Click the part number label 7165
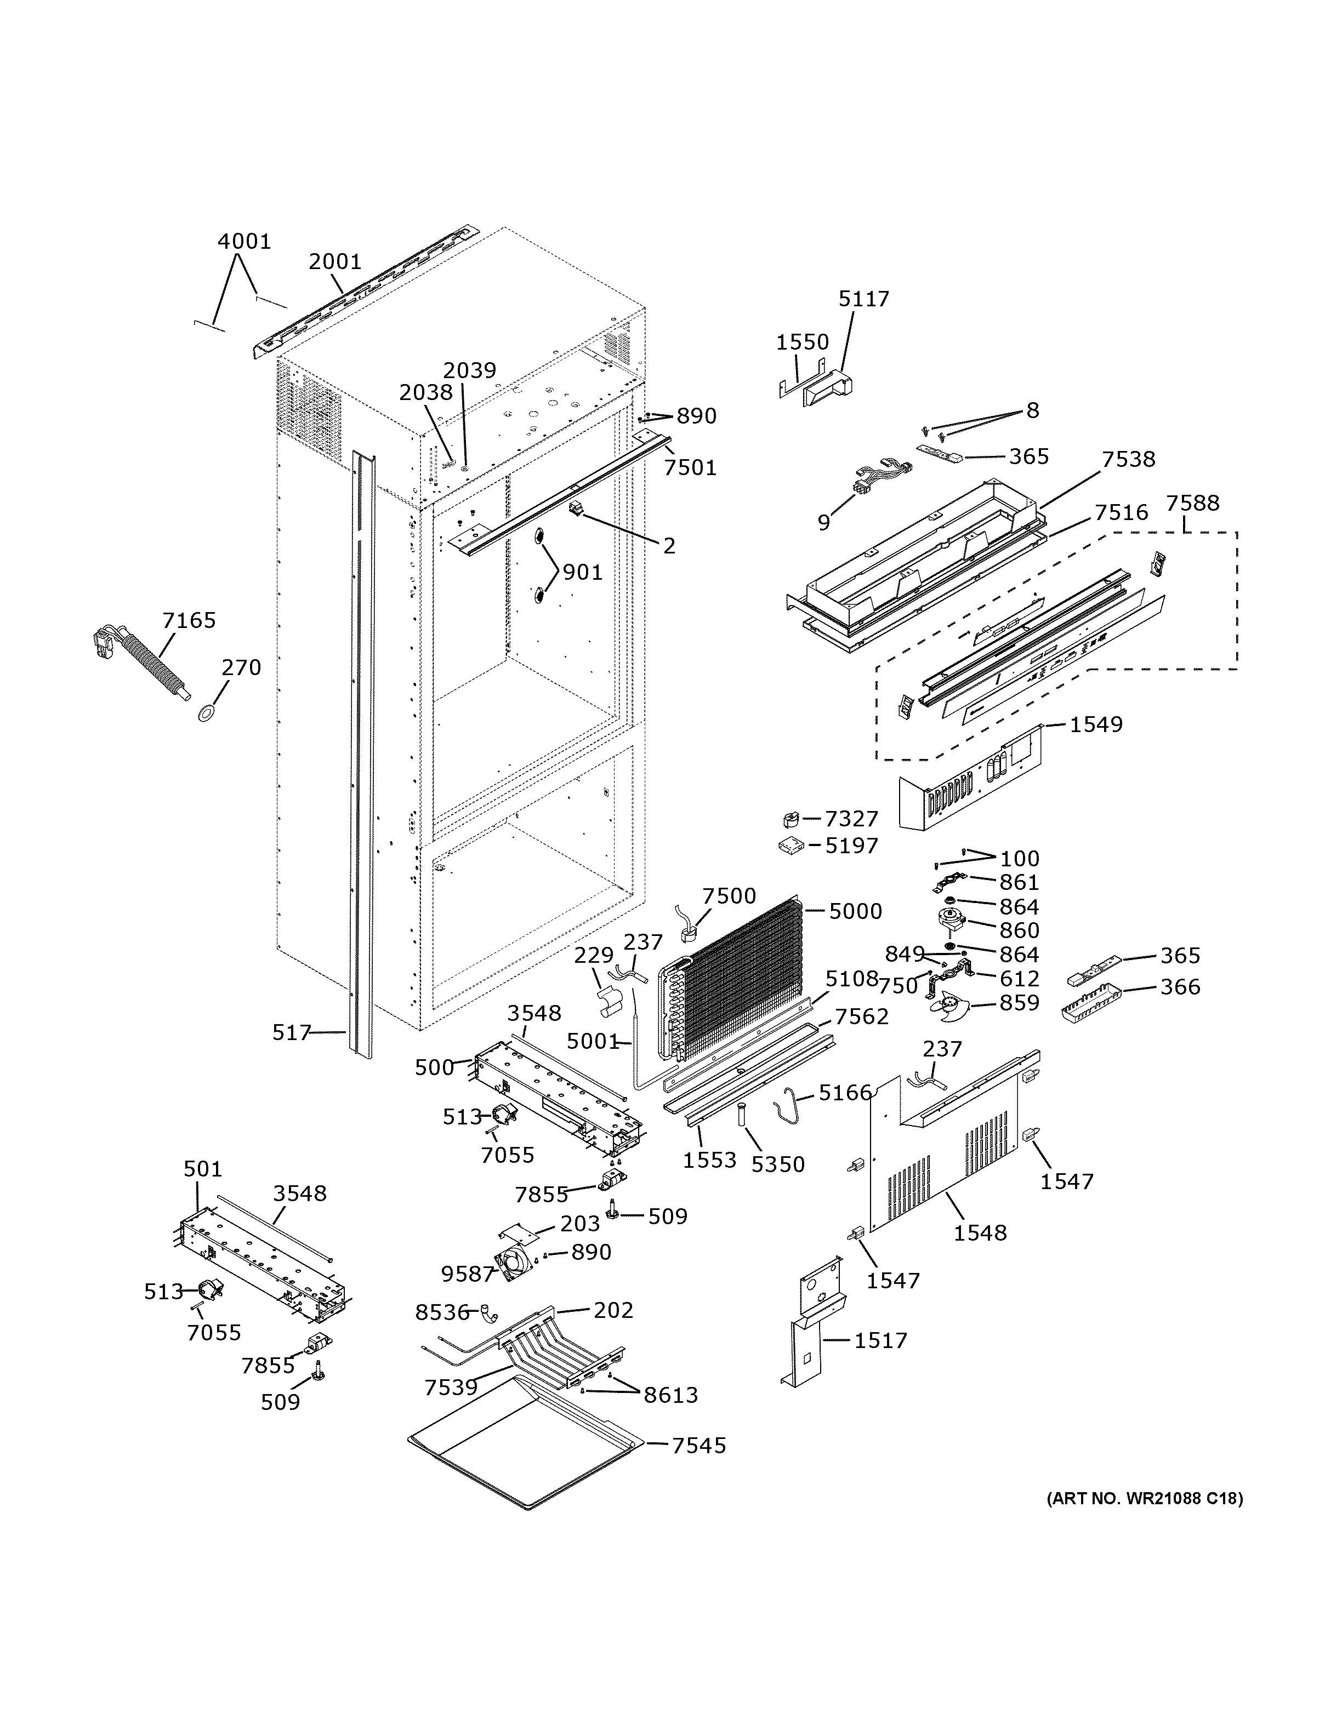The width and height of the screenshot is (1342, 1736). [189, 620]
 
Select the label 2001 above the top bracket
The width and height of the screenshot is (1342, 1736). [335, 261]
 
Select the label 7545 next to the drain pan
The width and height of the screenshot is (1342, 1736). [699, 1445]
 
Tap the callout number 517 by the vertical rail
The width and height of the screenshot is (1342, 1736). [291, 1032]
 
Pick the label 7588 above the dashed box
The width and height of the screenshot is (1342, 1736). [1192, 503]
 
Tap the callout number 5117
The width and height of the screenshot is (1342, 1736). [863, 299]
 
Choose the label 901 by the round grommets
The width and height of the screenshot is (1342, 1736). [582, 572]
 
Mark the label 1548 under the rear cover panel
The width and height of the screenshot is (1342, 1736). [980, 1233]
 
